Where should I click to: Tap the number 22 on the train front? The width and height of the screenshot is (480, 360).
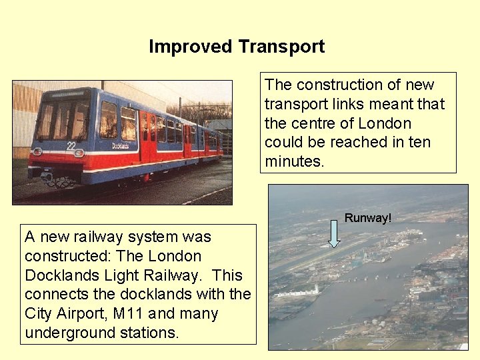[x=71, y=145]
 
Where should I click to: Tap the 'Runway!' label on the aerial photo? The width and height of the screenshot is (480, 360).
[x=367, y=218]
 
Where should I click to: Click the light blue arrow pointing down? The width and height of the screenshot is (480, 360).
[x=335, y=235]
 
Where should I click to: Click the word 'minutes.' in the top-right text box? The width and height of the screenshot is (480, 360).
[x=294, y=161]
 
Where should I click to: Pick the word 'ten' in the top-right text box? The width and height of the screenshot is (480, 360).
[x=419, y=142]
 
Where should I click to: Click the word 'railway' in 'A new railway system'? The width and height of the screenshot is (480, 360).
[x=90, y=237]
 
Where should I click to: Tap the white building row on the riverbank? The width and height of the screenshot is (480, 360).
[x=298, y=293]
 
